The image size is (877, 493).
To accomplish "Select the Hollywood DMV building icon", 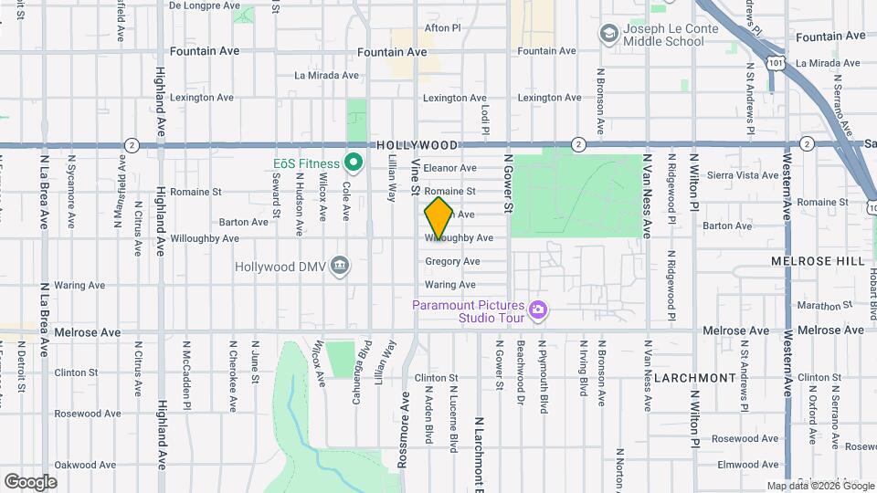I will coord(340,266).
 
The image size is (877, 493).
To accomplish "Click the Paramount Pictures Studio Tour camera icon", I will coord(538,311).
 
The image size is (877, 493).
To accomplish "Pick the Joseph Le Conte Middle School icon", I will coord(608,34).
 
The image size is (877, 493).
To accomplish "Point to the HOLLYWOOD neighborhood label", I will coord(417,145).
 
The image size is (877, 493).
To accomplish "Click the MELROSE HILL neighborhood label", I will coord(817,261).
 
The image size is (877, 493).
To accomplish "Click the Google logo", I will coord(30,481).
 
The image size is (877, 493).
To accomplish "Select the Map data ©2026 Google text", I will coord(819,486).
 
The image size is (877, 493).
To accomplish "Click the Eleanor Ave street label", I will coord(450,168).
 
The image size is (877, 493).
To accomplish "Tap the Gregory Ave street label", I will coord(452,261).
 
